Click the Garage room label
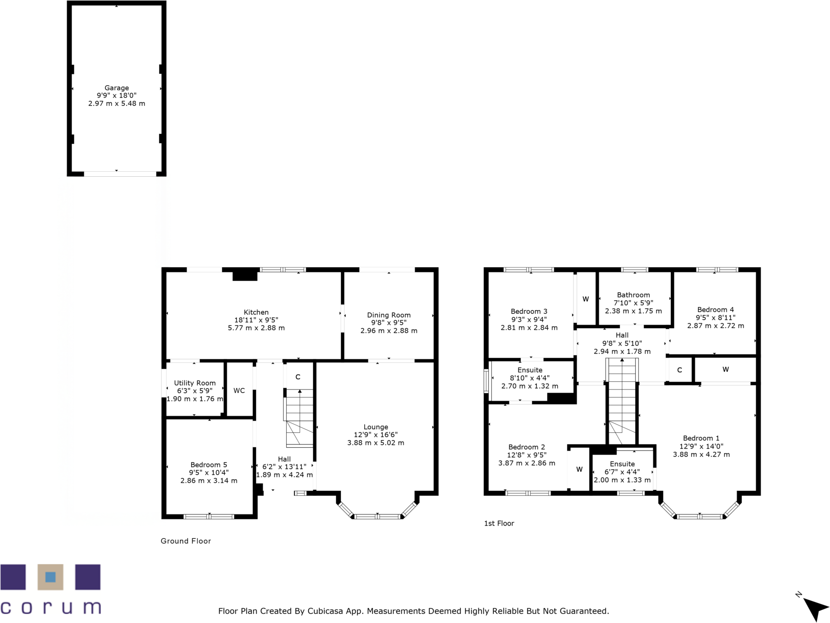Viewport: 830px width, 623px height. [x=116, y=88]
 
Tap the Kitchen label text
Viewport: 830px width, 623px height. [x=256, y=312]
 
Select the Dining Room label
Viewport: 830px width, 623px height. [x=389, y=315]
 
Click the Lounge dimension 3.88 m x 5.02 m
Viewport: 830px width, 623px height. [x=376, y=443]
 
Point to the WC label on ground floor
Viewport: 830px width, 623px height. [x=239, y=390]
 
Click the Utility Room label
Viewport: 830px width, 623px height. [x=195, y=383]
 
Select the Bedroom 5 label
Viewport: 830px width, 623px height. [x=208, y=465]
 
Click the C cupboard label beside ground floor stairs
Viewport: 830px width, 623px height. [x=298, y=377]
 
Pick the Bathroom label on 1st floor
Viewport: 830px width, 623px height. [x=633, y=295]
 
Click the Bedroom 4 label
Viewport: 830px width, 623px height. [x=715, y=310]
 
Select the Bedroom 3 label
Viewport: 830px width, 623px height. [x=529, y=311]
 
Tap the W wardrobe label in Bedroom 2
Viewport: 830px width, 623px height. [x=579, y=469]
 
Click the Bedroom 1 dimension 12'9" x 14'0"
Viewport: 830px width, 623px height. [x=701, y=446]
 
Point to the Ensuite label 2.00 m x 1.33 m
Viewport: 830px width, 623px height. [x=622, y=480]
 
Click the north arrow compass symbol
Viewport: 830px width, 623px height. [x=816, y=609]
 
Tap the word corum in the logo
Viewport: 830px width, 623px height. [x=50, y=607]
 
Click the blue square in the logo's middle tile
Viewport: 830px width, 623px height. [x=50, y=577]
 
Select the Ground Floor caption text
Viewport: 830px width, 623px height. [x=186, y=541]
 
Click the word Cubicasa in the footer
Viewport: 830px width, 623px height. [x=325, y=611]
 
